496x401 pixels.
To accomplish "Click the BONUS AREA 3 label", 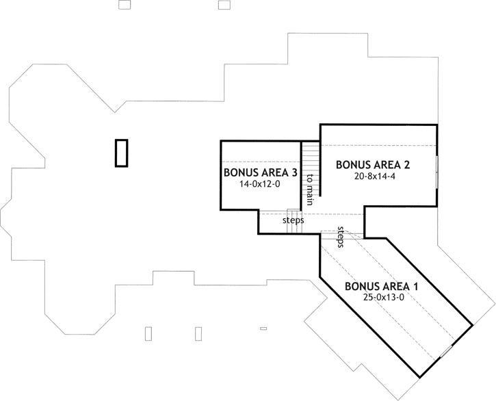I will point(261,172).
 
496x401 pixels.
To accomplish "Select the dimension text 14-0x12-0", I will point(261,184).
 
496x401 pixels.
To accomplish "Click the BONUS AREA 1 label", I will point(382,286).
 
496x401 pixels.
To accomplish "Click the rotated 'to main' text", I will point(310,190).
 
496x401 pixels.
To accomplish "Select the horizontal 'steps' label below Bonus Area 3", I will point(293,221).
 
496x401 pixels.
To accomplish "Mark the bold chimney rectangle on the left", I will point(122,153).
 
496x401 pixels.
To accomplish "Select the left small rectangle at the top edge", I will point(124,5).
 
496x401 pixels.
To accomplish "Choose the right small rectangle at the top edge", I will point(224,5).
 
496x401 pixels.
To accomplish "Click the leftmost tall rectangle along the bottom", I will point(149,333).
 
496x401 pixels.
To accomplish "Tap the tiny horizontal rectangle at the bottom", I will point(263,328).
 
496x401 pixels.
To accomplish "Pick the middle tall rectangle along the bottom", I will point(198,333).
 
